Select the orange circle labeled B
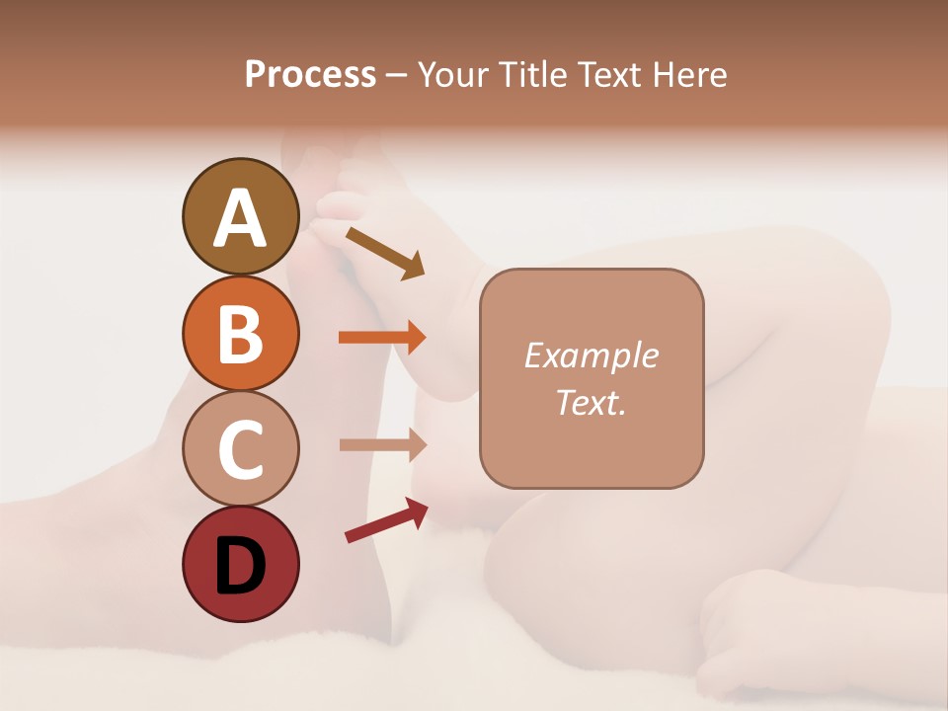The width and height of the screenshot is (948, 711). (x=241, y=334)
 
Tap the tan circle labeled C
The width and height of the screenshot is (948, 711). (x=241, y=449)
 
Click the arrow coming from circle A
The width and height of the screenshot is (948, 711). (x=385, y=253)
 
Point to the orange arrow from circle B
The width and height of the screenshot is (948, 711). (x=382, y=338)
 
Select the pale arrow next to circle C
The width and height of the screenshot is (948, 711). (x=382, y=445)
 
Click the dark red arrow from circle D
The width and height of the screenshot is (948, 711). (x=386, y=520)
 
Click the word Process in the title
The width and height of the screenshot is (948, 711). (x=310, y=75)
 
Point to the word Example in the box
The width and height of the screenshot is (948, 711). (x=591, y=355)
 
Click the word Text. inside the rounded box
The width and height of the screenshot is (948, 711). (x=591, y=402)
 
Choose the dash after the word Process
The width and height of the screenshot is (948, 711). (x=397, y=75)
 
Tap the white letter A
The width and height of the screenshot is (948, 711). (x=241, y=218)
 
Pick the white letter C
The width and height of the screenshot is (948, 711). (x=241, y=449)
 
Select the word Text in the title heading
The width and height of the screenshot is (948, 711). (x=610, y=75)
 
